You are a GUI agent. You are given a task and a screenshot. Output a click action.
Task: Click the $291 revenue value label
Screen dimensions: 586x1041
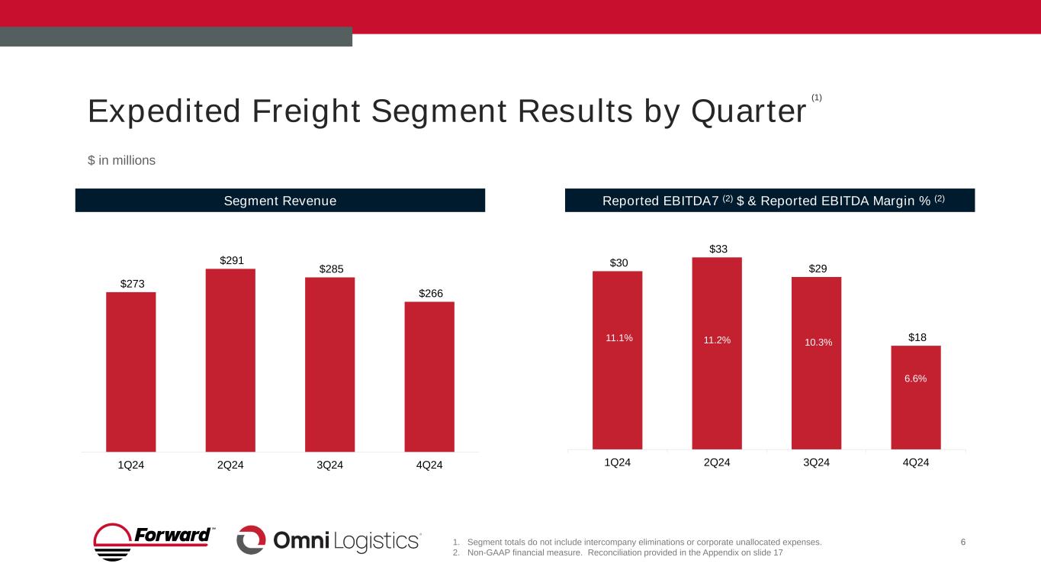point(233,260)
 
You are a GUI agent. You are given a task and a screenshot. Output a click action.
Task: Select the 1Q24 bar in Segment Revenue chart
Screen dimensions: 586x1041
point(131,372)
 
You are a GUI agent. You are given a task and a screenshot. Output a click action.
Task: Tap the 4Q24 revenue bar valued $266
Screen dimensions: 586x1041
point(429,376)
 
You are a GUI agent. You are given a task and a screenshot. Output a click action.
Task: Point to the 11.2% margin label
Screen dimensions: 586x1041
point(717,340)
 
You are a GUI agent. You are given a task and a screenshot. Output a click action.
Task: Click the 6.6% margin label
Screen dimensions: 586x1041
point(916,378)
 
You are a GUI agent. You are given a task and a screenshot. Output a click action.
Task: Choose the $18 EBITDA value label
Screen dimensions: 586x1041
point(916,336)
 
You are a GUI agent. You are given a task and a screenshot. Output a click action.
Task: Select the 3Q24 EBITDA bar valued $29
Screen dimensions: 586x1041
point(816,362)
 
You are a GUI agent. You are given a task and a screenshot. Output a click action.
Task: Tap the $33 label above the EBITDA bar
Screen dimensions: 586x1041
point(718,249)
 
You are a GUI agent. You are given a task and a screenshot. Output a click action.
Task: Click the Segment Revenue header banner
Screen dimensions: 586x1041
point(280,201)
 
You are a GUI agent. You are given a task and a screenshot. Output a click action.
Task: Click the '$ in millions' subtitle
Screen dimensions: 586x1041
point(122,160)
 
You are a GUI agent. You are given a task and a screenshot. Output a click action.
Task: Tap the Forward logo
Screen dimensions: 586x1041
point(153,541)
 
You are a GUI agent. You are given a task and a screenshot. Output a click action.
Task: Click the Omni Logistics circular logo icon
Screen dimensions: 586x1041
point(251,540)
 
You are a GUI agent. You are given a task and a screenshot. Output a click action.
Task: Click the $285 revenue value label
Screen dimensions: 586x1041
point(332,269)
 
